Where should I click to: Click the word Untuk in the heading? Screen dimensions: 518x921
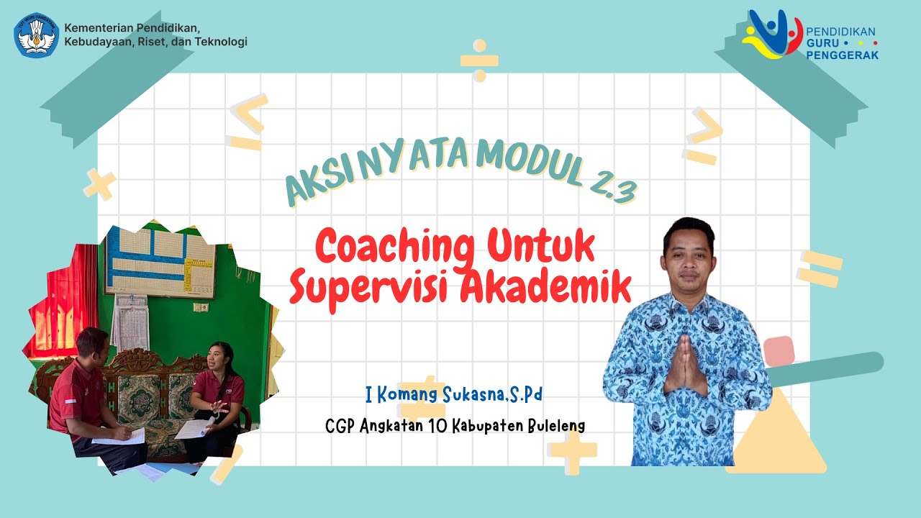click(x=541, y=247)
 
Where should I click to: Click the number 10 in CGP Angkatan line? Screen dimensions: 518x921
click(x=437, y=426)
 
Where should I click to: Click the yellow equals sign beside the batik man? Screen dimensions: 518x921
click(x=820, y=268)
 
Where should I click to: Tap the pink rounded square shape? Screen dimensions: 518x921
click(x=779, y=351)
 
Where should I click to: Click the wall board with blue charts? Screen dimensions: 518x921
click(x=160, y=263)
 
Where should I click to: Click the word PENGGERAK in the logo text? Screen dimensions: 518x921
click(x=843, y=55)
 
